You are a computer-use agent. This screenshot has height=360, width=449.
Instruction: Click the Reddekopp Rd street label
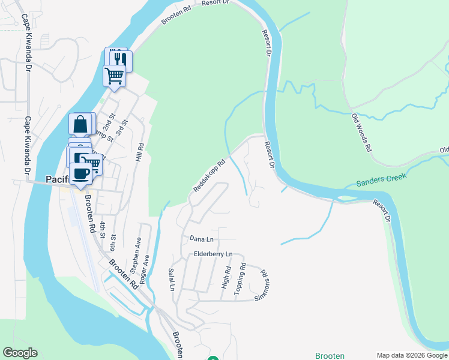(x=209, y=175)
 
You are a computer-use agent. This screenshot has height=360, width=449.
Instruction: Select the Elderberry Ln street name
(x=213, y=255)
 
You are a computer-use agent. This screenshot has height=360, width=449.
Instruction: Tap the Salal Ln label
(x=172, y=279)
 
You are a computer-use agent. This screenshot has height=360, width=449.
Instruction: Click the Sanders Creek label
(x=381, y=179)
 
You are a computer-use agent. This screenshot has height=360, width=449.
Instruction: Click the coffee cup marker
(x=80, y=173)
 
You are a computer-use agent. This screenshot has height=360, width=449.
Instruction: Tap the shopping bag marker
(x=80, y=125)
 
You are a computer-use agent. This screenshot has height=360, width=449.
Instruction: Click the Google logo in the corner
(x=20, y=353)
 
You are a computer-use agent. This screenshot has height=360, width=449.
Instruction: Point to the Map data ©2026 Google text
(x=412, y=355)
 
